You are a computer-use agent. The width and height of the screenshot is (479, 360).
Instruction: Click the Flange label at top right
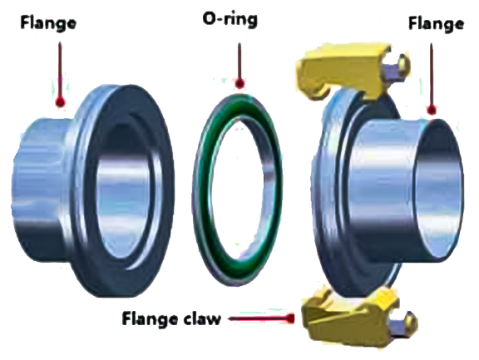point(436,23)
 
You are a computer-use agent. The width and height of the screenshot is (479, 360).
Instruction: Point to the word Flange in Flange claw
point(150,318)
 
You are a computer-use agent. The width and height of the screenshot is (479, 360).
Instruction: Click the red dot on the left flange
point(59,102)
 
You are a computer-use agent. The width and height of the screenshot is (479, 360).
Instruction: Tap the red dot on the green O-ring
point(239,83)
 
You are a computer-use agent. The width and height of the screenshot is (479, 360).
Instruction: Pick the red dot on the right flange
point(432,109)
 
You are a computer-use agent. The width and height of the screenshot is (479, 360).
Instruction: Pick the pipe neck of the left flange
point(42,179)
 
